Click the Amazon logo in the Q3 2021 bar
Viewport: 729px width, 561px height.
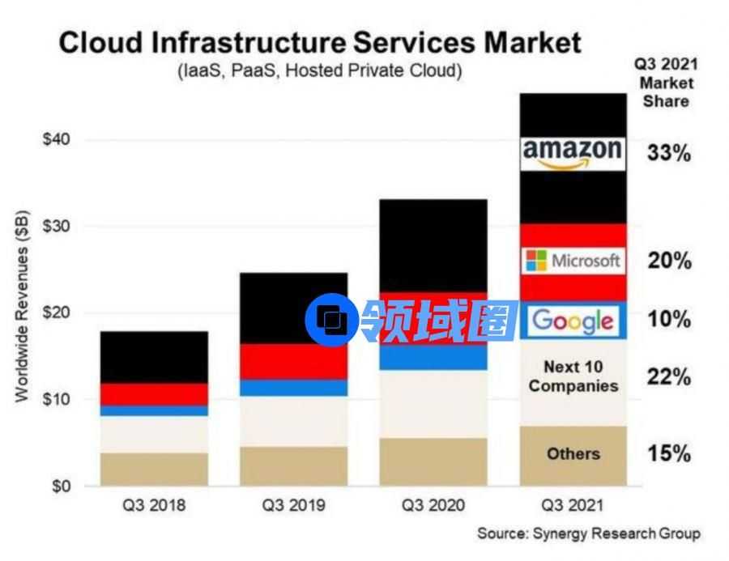tap(573, 152)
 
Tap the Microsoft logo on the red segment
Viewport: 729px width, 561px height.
tap(573, 260)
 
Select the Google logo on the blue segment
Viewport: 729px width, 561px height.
tap(573, 321)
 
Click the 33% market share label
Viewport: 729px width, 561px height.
tap(668, 152)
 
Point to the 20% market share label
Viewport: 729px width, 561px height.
tap(668, 261)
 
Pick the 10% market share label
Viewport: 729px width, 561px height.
tap(668, 320)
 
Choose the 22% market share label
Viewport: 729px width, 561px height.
tap(668, 377)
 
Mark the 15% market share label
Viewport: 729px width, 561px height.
tap(668, 453)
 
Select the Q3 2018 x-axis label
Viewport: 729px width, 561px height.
tap(154, 506)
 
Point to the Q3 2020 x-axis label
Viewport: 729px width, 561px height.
tap(433, 506)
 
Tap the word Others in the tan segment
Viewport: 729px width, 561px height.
tap(573, 453)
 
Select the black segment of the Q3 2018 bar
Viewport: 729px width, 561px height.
tap(154, 357)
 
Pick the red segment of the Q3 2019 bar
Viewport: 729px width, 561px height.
tap(294, 361)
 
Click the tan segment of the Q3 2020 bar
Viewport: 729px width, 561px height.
tap(433, 461)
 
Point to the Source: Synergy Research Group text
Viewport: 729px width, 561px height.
tap(588, 533)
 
